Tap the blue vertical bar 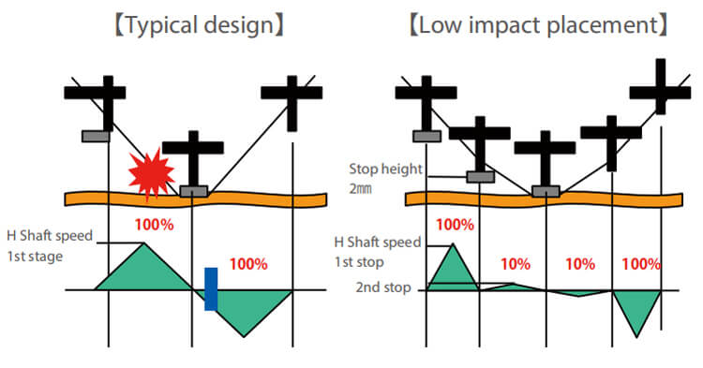coord(211,288)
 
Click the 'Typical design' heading coord(200,24)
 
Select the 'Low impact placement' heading coord(538,24)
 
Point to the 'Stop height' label coord(385,169)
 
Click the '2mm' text coord(361,188)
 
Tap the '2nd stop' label coord(383,287)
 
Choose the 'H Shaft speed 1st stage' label coord(50,245)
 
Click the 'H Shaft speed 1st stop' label coord(378,252)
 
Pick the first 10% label coord(516,264)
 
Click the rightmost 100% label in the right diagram coord(641,264)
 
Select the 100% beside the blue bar coord(248,264)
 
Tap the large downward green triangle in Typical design coord(245,309)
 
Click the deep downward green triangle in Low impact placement coord(637,308)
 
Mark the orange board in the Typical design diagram coord(196,199)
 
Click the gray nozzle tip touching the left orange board coord(194,191)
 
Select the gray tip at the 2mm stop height coord(481,177)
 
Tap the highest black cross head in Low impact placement coord(661,92)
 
